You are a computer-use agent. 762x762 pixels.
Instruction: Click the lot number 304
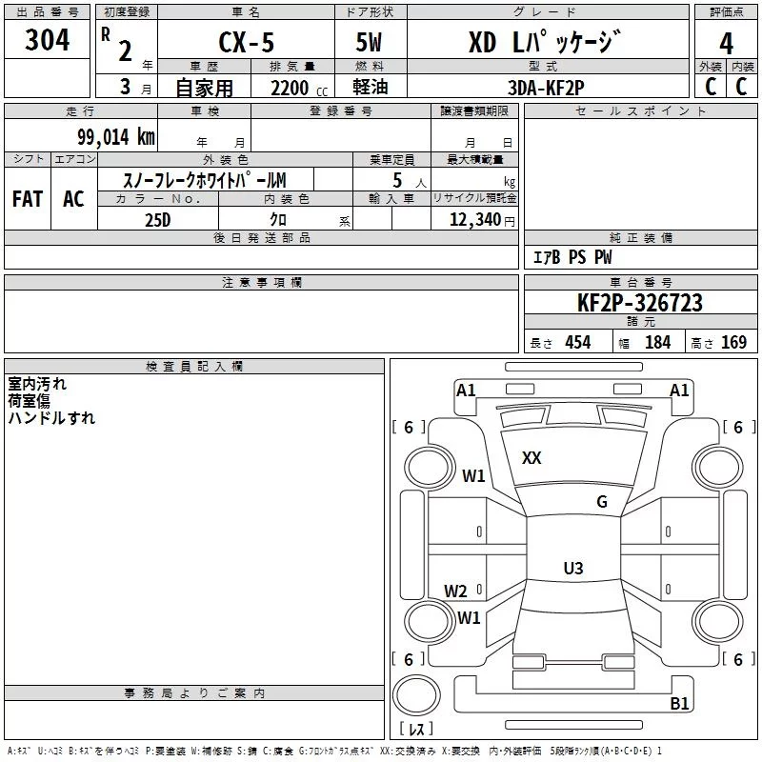tap(47, 40)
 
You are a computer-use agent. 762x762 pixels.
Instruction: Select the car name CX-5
tap(247, 42)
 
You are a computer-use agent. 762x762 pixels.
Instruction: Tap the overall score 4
tap(726, 44)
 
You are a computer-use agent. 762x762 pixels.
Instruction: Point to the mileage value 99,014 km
tap(115, 137)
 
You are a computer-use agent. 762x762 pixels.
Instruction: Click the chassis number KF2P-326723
tap(640, 303)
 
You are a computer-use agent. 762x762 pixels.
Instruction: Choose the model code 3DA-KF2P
tap(546, 88)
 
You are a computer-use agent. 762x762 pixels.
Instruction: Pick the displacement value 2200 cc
tap(299, 89)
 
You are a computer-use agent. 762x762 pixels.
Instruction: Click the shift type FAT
tap(28, 199)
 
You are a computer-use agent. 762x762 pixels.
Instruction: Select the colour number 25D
tap(158, 220)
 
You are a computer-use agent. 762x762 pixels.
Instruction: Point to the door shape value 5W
tap(369, 42)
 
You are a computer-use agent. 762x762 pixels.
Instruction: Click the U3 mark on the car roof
tap(573, 568)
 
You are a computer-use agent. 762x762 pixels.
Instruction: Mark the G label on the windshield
tap(602, 502)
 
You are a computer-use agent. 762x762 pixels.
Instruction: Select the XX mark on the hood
tap(531, 458)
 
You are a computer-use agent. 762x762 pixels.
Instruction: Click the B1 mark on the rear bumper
tap(679, 703)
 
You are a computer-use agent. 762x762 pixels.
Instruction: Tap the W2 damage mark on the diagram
tap(455, 592)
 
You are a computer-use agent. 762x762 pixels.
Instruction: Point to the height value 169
tap(733, 342)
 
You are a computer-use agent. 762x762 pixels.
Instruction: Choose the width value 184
tap(657, 342)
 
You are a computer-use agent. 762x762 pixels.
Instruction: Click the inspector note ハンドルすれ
tap(51, 418)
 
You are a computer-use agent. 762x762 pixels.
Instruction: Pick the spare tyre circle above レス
tap(416, 694)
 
